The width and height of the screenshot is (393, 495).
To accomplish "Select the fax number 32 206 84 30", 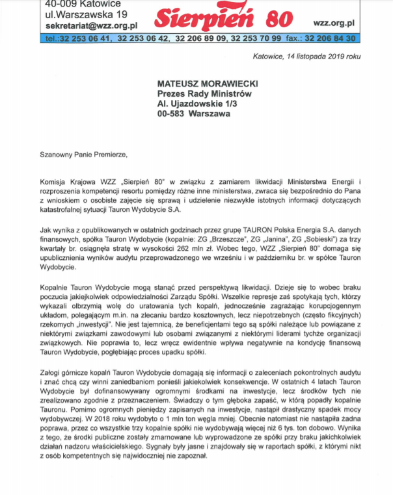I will click(331, 38).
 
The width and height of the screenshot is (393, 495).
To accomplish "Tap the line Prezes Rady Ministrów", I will click(204, 94).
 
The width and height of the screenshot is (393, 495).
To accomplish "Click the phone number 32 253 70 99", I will click(251, 38).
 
